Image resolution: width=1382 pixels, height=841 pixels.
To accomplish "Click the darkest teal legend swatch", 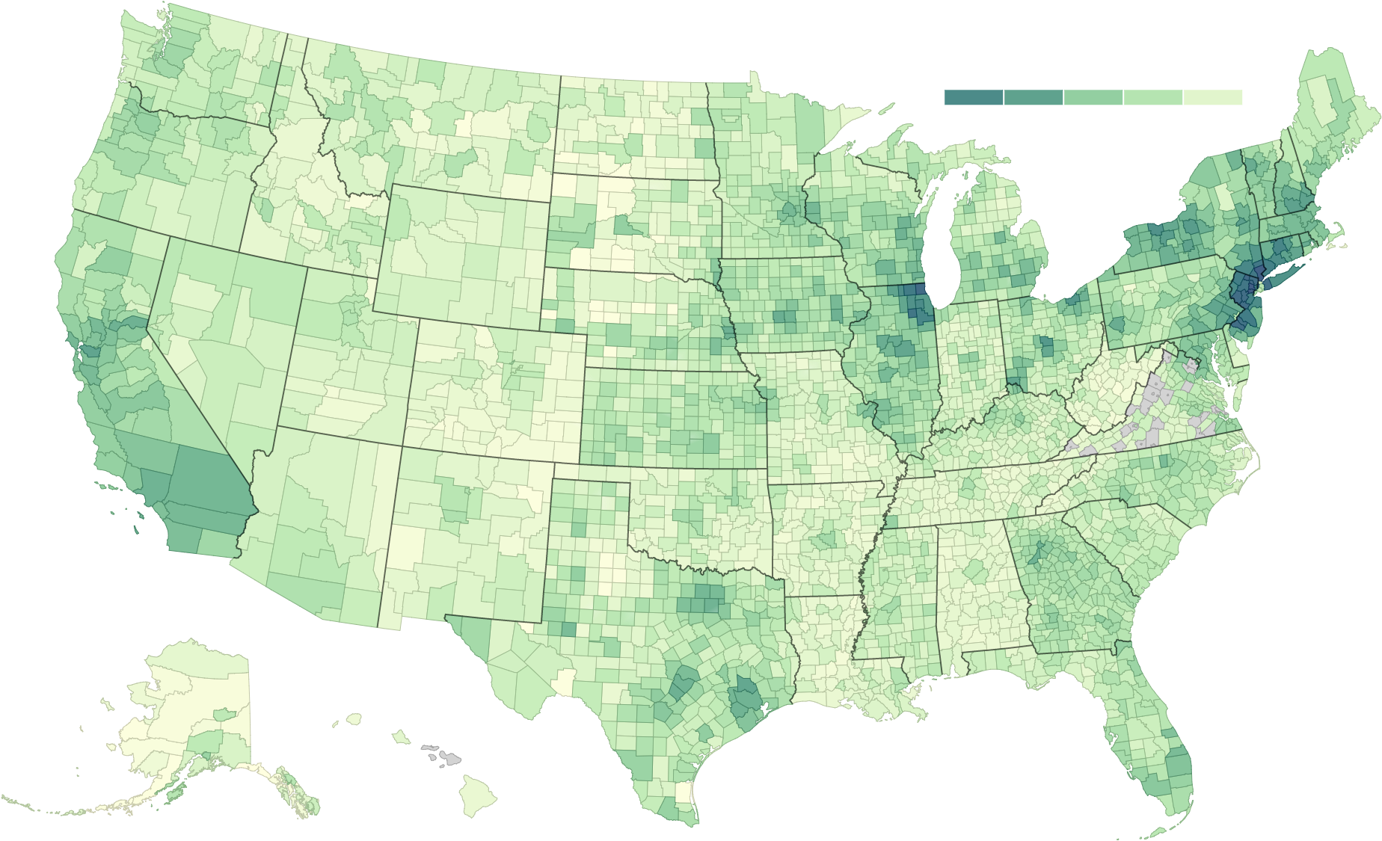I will [974, 98].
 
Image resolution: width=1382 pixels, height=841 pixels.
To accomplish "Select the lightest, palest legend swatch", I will [1213, 98].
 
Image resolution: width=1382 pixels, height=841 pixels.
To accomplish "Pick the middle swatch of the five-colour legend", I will [1093, 98].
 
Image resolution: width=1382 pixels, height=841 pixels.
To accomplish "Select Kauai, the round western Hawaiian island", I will [353, 719].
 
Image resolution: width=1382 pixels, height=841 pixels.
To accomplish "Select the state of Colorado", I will [494, 389].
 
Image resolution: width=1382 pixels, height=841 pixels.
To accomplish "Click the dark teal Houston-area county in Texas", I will [745, 698].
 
